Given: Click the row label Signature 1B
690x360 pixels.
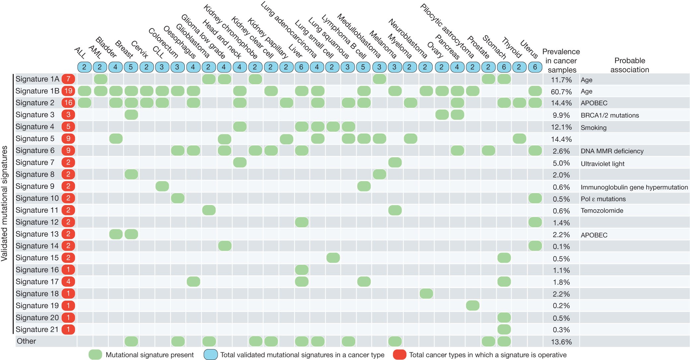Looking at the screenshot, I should coord(37,91).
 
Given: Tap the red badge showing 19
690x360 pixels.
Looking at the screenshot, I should coord(68,91).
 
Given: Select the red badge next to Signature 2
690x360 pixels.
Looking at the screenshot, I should coord(68,103).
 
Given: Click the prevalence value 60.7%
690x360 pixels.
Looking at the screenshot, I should coord(561,92).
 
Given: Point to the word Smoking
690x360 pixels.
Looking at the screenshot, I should coord(593,128).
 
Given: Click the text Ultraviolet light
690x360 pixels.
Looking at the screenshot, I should coord(602,164).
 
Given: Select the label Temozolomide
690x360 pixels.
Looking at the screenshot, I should coord(602,211).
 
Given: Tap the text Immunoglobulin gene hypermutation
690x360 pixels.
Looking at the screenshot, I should coord(634,187).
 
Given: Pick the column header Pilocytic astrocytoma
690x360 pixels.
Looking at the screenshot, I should coord(447,31).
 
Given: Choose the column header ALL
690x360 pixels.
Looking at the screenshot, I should coord(80,53).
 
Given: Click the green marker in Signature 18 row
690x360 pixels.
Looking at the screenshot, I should coord(426,294).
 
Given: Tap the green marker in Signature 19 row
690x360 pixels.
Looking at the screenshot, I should coord(472,306).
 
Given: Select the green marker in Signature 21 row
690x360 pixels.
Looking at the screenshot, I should coord(504,329).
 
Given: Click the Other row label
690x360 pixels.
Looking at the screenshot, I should coord(26,341).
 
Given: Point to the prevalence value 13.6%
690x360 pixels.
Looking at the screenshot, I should coord(561,342).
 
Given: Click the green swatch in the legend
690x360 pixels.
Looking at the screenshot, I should coord(96,355).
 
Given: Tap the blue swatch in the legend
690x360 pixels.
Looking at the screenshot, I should coord(211,355).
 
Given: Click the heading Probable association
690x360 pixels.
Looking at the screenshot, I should coord(629,65).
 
